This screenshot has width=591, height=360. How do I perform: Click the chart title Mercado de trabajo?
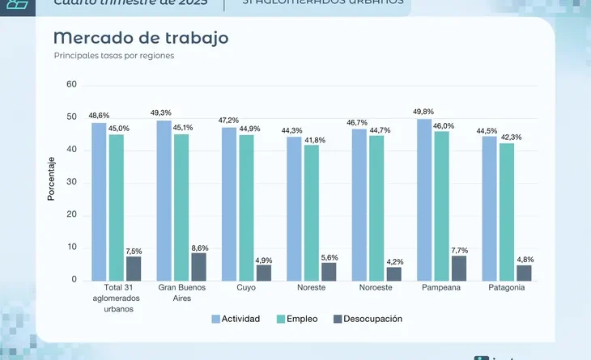[140, 38]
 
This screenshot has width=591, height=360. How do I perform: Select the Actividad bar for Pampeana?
[424, 200]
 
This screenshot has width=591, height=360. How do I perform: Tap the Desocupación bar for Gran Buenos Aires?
[198, 266]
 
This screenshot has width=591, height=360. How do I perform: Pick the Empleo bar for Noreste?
[312, 213]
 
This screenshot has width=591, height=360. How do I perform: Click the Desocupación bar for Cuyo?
[264, 273]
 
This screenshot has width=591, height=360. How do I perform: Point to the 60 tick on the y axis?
[71, 85]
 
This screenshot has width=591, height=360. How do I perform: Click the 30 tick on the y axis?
[71, 182]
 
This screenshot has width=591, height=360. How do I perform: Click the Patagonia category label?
[507, 288]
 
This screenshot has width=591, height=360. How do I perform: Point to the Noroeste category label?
[376, 288]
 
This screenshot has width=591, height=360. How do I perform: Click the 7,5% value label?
[134, 251]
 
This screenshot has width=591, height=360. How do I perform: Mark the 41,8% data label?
[315, 141]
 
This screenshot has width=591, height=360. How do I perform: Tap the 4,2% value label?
[394, 261]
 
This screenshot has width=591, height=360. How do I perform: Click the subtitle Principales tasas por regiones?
[114, 56]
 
